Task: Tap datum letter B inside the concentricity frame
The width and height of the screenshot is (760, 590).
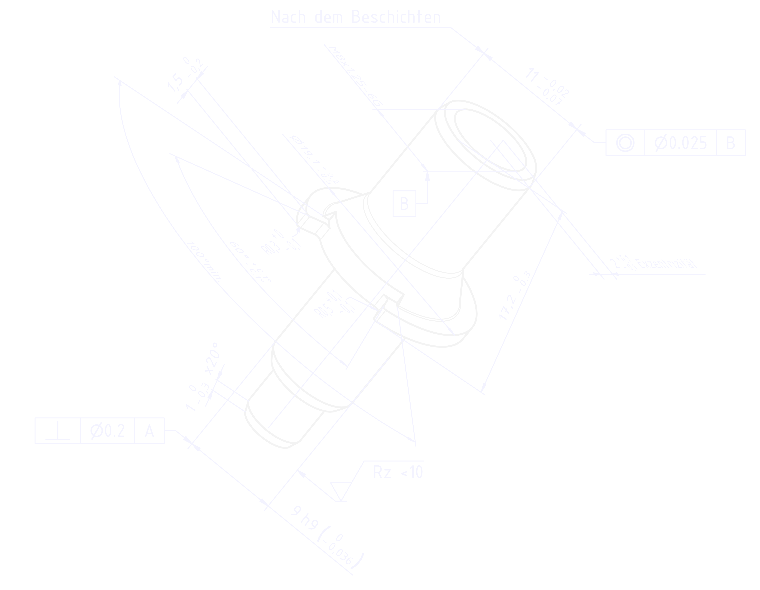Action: coord(731,143)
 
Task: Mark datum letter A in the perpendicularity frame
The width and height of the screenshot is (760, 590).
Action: coord(149,432)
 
